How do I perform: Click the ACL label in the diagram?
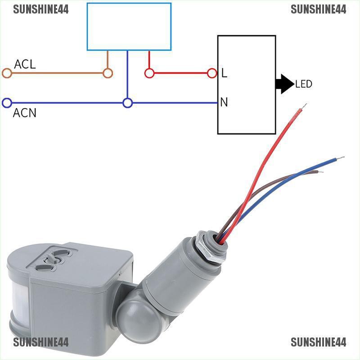25,64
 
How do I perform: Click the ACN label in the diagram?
24,112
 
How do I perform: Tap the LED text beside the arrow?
304,84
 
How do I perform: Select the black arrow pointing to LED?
284,84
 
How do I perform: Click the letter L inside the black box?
224,73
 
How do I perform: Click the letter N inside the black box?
224,103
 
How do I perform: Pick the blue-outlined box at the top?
129,27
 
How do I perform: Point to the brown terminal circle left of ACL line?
7,73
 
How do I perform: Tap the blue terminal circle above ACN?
7,103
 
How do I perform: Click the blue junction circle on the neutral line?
128,103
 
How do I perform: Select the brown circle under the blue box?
108,73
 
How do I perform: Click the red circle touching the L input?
212,73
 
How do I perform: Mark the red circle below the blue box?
149,73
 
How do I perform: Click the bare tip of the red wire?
304,106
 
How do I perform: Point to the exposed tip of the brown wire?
320,171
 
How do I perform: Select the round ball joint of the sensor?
130,311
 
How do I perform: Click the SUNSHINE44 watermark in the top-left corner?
41,9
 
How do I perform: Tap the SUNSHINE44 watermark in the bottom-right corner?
319,342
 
